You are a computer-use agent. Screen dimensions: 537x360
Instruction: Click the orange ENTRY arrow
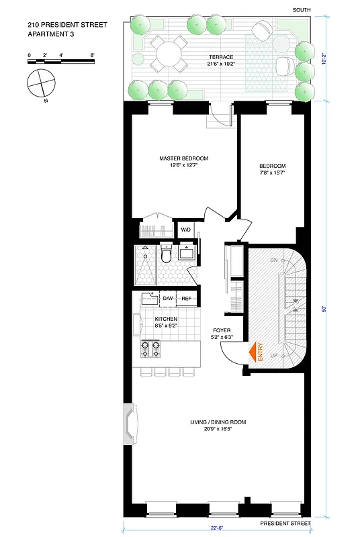pos(255,353)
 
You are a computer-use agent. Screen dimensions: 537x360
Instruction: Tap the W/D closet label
pos(186,230)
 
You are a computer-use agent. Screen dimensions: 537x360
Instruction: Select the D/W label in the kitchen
pos(168,298)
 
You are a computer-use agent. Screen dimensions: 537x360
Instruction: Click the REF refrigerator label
pos(186,298)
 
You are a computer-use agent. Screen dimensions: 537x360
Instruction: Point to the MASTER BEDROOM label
pos(183,158)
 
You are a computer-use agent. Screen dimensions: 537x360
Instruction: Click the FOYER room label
pos(222,330)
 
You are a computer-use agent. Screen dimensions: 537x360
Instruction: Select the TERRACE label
pos(220,57)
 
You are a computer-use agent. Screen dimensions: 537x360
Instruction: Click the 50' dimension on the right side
pos(324,309)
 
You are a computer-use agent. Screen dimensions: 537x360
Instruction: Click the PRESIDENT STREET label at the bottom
pos(285,523)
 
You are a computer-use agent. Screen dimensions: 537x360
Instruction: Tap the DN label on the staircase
pos(273,260)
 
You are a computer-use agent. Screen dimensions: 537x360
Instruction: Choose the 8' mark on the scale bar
pos(92,54)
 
